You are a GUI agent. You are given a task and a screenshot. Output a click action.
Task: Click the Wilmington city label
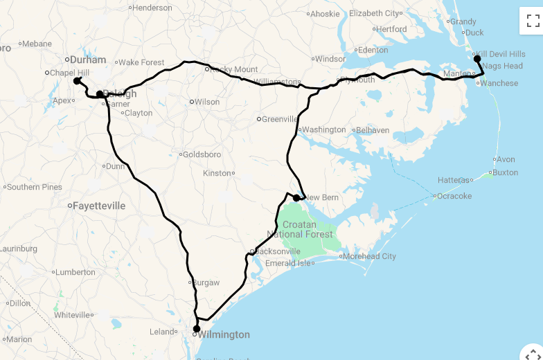click(x=224, y=335)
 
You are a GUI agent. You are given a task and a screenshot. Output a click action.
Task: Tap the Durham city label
click(x=87, y=60)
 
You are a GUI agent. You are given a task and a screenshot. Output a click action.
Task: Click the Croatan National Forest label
click(x=301, y=229)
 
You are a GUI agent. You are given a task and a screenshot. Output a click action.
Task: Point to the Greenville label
click(x=280, y=119)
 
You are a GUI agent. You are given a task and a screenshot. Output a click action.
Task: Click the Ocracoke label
click(x=455, y=196)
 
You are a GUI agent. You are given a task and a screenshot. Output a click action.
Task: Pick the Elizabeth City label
click(x=375, y=13)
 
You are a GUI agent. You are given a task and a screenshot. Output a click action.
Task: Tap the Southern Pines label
click(x=35, y=187)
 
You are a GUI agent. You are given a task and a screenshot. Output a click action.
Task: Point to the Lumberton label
click(x=75, y=272)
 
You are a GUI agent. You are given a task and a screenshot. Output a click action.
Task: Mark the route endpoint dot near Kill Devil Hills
click(x=477, y=59)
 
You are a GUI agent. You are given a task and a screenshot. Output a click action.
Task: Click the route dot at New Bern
click(x=296, y=198)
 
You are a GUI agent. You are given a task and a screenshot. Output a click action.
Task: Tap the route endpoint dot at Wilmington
click(x=197, y=329)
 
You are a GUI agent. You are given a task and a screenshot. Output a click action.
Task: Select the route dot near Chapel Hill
click(x=77, y=81)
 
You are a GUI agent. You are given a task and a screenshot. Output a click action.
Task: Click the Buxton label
click(x=505, y=172)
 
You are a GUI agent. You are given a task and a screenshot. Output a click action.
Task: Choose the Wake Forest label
click(x=141, y=62)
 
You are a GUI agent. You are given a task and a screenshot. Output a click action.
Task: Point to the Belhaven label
click(x=373, y=129)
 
